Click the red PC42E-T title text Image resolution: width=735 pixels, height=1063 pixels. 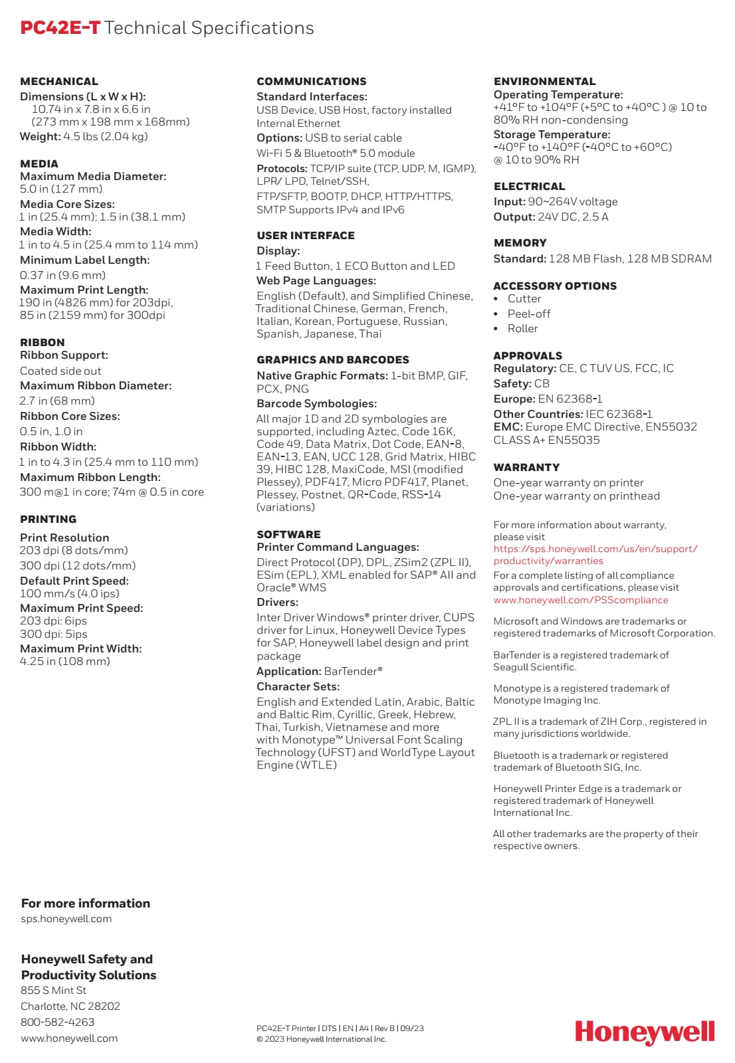pos(60,28)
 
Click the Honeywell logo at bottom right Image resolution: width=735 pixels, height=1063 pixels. pos(644,1033)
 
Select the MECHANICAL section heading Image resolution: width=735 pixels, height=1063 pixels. pos(59,82)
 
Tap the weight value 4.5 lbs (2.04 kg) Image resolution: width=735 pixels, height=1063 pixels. pos(106,137)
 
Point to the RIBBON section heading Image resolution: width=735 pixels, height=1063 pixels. pos(43,343)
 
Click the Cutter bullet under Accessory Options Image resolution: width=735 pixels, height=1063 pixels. pos(524,299)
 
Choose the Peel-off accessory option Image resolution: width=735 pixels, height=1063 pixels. pos(528,314)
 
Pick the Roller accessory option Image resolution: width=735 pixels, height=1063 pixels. pos(522,329)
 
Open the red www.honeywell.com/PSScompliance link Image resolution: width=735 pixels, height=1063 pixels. pos(580,600)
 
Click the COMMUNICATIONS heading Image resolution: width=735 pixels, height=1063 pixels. pos(311,82)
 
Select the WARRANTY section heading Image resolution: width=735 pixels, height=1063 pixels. pos(526,468)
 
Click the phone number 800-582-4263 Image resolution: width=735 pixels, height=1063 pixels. pos(58,1022)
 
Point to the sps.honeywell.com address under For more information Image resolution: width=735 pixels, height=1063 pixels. pos(66,919)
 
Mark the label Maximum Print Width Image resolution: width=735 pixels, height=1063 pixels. pos(80,648)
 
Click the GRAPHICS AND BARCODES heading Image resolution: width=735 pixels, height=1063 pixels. pos(332,360)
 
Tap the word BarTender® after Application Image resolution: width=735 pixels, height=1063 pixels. pos(353,672)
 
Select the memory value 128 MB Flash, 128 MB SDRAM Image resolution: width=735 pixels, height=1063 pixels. pos(630,259)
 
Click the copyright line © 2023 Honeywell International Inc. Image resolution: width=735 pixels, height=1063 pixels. pos(321,1040)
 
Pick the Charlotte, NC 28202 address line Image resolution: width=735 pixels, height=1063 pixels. pos(70,1007)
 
